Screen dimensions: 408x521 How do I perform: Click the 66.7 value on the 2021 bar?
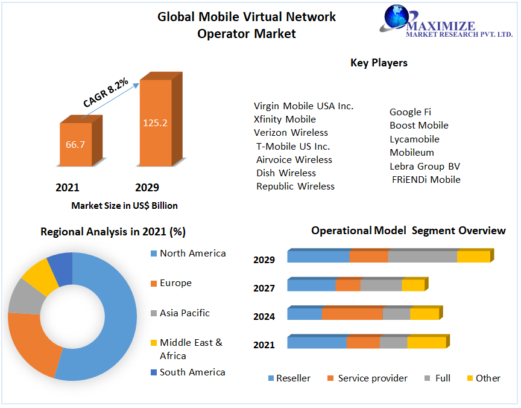point(75,145)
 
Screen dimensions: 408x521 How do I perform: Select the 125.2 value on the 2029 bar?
point(155,123)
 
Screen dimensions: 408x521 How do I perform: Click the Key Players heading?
point(379,63)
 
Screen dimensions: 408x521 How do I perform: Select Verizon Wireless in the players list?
point(291,133)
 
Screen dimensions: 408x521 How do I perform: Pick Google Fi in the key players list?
point(410,112)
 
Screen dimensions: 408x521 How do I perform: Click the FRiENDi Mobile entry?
point(426,180)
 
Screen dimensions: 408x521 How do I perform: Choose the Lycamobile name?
point(414,139)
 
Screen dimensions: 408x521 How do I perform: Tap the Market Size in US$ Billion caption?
point(124,206)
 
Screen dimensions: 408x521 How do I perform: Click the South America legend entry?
point(192,372)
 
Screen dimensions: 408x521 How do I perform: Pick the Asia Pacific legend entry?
point(185,313)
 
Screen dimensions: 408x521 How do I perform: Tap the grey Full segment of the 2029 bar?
point(422,257)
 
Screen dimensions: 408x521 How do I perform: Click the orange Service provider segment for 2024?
point(352,314)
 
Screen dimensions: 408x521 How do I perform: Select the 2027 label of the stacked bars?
point(264,288)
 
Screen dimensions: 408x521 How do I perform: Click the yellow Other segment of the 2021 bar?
point(426,343)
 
